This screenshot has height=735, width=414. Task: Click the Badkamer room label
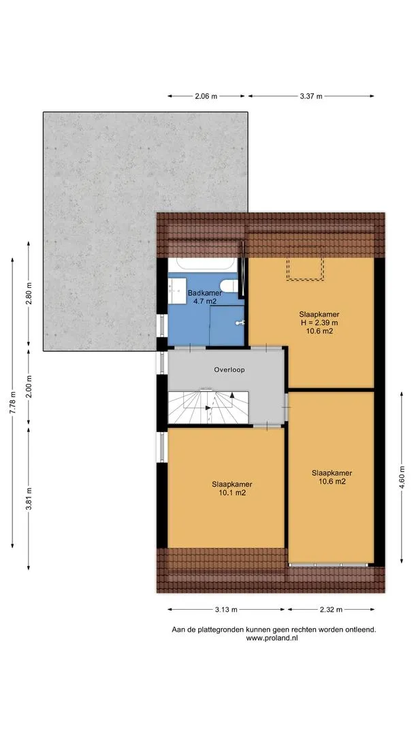pos(205,293)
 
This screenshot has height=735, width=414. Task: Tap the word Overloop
pos(229,370)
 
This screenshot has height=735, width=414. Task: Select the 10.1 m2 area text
pos(233,493)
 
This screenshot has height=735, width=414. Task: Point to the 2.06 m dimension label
pos(206,96)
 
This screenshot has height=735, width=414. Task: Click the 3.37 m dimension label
pos(311,96)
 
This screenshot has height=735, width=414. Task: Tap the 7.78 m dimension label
pos(13,402)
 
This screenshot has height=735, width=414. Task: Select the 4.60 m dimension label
pos(402,476)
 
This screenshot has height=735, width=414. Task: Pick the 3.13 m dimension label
pos(227,609)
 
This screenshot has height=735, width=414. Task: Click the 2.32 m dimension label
pos(330,609)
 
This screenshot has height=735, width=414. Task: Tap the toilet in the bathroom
pos(229,285)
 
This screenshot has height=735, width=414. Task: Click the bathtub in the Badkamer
pos(203,264)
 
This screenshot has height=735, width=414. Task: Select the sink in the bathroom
pos(177,291)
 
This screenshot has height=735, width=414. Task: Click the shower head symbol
pos(241,323)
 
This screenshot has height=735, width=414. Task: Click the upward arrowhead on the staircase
pos(232,395)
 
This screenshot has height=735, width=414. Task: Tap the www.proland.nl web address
pos(272,638)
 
